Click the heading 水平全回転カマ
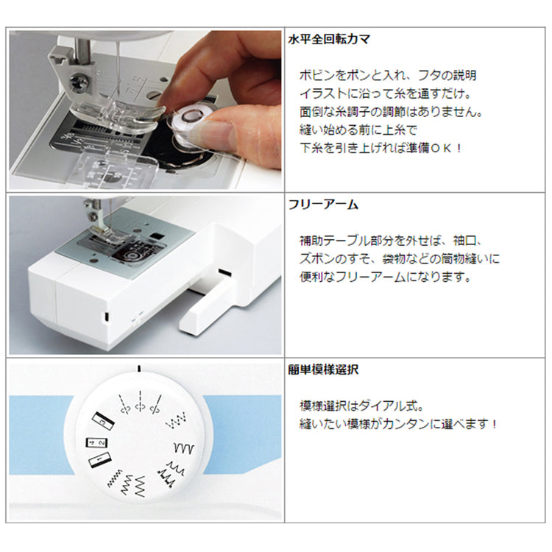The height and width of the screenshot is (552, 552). coord(329,39)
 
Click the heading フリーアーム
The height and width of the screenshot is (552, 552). coord(323,205)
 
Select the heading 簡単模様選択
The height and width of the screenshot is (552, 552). coord(323,369)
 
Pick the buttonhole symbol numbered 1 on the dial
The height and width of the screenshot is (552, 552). coord(99,460)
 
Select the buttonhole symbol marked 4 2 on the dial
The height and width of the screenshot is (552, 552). coord(97,442)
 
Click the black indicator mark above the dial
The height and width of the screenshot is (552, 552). coord(139,368)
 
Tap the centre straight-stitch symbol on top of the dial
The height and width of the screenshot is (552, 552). coord(140,401)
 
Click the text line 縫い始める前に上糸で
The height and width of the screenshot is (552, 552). coord(358,130)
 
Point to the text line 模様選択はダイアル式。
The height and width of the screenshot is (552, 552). coord(361,406)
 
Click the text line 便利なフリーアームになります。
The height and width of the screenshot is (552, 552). coord(386,277)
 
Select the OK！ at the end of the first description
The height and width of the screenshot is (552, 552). coord(447,148)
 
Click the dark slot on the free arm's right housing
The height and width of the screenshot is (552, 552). coord(225,272)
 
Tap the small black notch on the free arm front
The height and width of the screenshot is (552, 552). coord(105,316)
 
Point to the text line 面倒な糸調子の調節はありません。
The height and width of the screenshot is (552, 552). coord(391,112)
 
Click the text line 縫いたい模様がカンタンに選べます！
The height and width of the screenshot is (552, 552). coord(398,424)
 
